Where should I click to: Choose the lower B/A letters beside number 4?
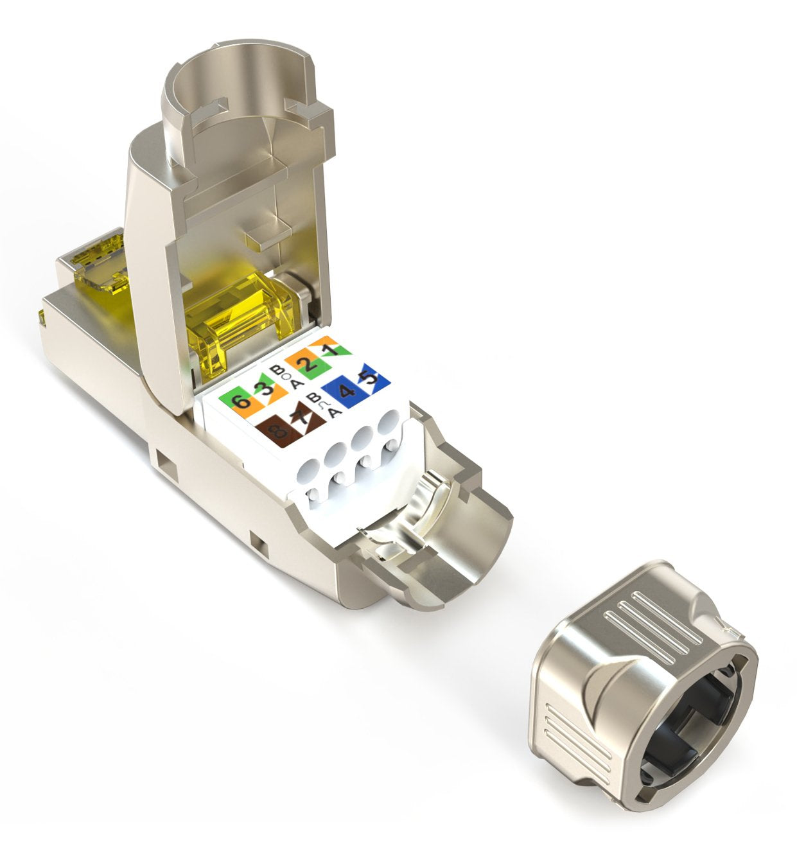(x=315, y=405)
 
